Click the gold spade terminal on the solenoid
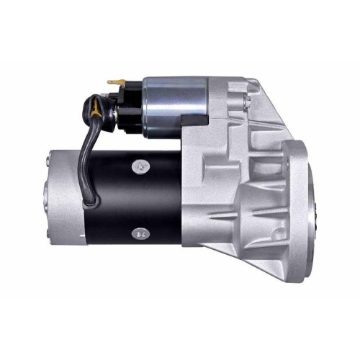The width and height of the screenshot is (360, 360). click(x=114, y=82)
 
